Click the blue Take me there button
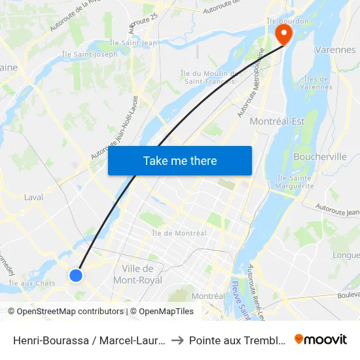click(x=180, y=160)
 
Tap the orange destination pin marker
click(x=284, y=33)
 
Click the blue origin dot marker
click(x=76, y=276)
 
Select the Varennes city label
click(x=335, y=50)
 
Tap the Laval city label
click(x=33, y=197)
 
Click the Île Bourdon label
click(x=283, y=20)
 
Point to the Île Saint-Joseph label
click(x=90, y=54)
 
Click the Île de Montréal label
click(x=179, y=233)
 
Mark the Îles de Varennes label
click(x=318, y=82)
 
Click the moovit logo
click(x=321, y=340)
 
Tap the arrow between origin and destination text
click(x=179, y=340)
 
